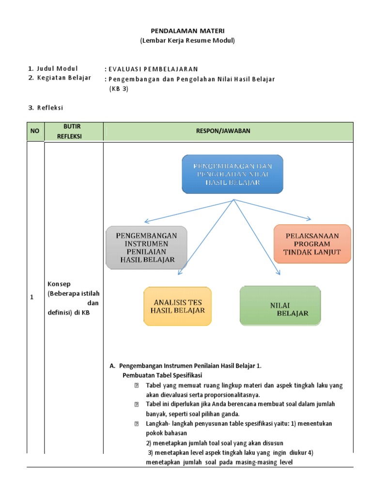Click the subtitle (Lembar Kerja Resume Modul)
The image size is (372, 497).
187,41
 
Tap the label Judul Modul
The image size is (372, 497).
57,68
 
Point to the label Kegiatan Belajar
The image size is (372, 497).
63,78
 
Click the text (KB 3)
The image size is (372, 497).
119,88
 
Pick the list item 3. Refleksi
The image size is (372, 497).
46,107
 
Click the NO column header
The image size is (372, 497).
35,132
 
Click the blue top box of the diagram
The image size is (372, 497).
232,174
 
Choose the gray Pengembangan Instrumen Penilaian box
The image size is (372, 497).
146,247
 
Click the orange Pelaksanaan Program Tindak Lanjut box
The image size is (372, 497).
312,244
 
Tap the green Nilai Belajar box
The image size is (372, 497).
280,305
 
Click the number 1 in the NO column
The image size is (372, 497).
32,298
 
